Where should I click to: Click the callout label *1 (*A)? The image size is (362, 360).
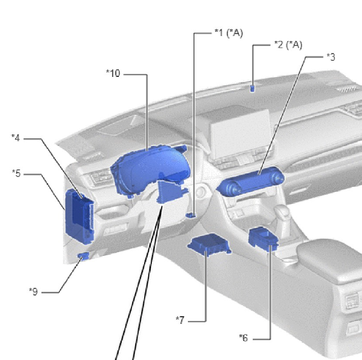click(x=229, y=33)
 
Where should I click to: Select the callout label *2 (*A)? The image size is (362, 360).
click(x=288, y=44)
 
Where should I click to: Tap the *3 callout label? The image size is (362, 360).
click(x=331, y=57)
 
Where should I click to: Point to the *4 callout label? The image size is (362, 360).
click(x=16, y=138)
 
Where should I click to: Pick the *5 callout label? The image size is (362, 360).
click(x=16, y=173)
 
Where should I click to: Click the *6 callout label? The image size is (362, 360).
click(x=244, y=338)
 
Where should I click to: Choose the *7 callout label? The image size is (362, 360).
click(x=180, y=320)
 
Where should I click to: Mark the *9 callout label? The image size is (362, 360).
click(x=34, y=291)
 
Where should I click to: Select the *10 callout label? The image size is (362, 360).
click(x=113, y=73)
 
